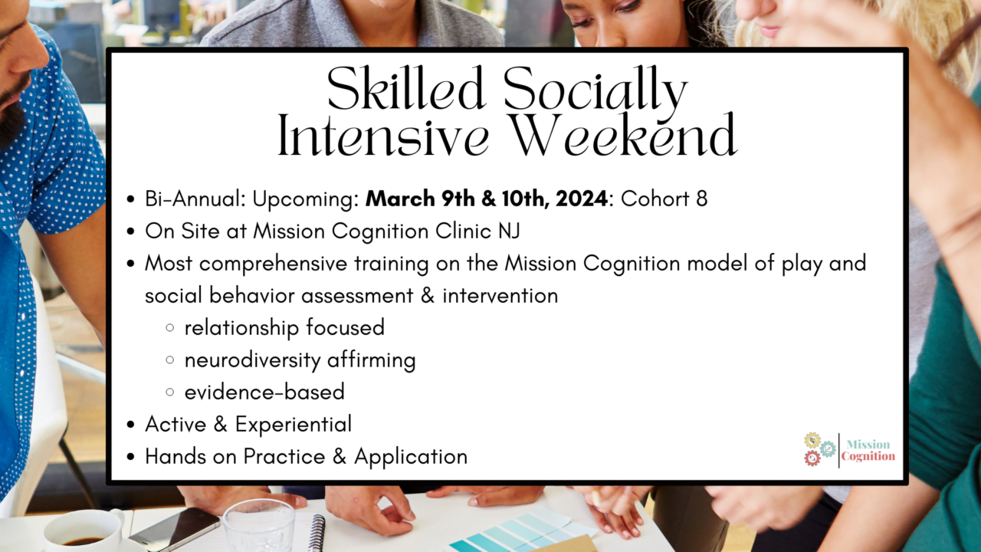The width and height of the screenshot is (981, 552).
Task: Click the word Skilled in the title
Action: tap(406, 90)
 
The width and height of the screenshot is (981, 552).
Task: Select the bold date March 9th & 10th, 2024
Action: tap(486, 199)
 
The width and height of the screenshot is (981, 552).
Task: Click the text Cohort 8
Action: tap(664, 199)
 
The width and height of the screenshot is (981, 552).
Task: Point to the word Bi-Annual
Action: tap(195, 199)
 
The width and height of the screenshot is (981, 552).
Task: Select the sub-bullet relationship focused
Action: tap(284, 327)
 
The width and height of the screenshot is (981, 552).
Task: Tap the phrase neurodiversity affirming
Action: tap(300, 360)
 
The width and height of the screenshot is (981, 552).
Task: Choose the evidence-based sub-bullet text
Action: tap(264, 392)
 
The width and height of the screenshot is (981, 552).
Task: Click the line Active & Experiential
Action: tap(248, 424)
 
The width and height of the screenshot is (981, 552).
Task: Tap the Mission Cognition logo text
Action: tap(868, 450)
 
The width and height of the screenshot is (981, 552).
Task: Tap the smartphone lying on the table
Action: tap(174, 528)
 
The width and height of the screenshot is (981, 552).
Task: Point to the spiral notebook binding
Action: tap(317, 533)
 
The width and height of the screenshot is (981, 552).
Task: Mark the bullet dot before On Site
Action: tap(131, 232)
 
